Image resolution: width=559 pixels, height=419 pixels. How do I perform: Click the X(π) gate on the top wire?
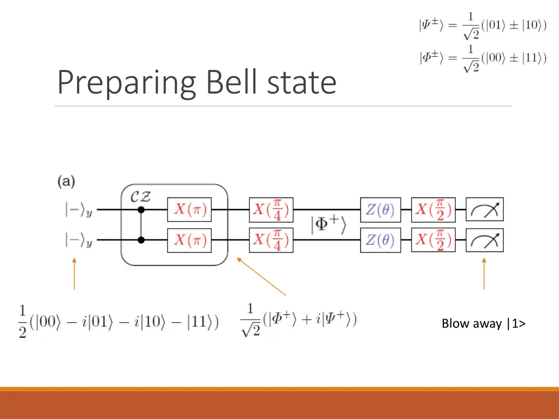189,209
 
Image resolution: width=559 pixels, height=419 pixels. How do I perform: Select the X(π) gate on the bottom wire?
189,240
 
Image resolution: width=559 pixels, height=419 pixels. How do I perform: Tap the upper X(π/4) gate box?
271,209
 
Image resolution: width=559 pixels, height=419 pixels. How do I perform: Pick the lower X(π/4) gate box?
271,240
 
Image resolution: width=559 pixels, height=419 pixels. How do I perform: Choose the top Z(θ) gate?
380,209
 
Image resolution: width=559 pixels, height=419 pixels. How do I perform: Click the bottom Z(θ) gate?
380,240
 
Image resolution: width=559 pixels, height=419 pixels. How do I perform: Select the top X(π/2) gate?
433,209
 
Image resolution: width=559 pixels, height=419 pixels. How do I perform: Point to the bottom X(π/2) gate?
433,240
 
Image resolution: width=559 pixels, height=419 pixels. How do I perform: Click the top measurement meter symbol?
484,209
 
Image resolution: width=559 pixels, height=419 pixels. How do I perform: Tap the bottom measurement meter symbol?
484,240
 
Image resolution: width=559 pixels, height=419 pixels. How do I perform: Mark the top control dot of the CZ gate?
141,209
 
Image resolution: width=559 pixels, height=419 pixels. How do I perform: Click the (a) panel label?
66,182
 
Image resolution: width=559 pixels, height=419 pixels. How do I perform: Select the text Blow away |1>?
483,324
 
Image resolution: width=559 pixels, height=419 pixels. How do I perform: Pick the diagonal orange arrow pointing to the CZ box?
261,276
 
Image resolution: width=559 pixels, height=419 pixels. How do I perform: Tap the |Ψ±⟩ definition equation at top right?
483,26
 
